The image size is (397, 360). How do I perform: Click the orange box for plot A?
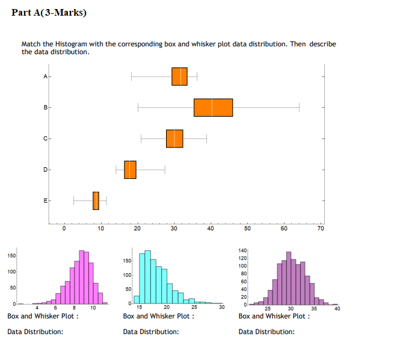tap(179, 76)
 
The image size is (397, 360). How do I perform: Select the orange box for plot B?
tap(213, 107)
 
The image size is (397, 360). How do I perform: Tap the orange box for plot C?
tap(174, 138)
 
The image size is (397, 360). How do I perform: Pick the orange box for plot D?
tap(130, 170)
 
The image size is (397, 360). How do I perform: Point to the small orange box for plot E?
tap(96, 200)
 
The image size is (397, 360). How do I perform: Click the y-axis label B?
tap(45, 108)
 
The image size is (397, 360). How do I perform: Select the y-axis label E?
tap(45, 200)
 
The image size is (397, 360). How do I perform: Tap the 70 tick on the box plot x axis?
tap(321, 229)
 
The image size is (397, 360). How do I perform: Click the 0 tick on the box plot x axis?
tap(64, 229)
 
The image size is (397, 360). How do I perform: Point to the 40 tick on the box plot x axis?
tap(211, 229)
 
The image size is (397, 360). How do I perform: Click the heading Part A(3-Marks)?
tap(49, 13)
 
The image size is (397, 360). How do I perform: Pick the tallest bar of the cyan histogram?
tap(148, 277)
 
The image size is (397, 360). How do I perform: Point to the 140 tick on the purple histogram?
tap(242, 250)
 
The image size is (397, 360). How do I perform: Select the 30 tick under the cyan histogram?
tap(221, 308)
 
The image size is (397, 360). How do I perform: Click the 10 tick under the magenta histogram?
tap(93, 308)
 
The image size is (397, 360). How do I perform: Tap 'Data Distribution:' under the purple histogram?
tap(266, 332)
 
